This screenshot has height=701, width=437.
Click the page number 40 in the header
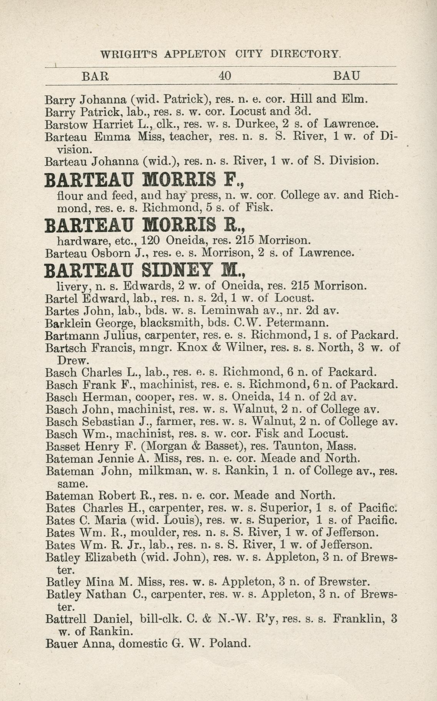(x=225, y=76)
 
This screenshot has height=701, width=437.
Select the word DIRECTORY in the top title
(x=305, y=53)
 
